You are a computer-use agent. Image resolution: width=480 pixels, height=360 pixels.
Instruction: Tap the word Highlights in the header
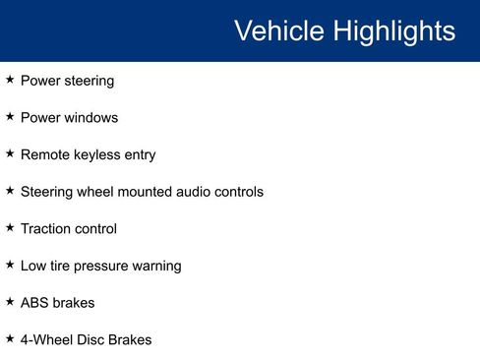[x=393, y=30]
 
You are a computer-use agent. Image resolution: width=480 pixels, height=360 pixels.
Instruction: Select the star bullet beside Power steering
[x=10, y=79]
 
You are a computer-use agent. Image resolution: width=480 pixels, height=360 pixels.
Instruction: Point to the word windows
[x=91, y=118]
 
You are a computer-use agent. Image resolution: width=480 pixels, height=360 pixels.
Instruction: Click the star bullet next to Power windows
[x=10, y=116]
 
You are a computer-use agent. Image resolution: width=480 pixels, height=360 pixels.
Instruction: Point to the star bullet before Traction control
[x=10, y=227]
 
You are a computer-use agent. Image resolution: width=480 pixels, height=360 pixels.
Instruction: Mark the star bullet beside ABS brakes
[x=10, y=301]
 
